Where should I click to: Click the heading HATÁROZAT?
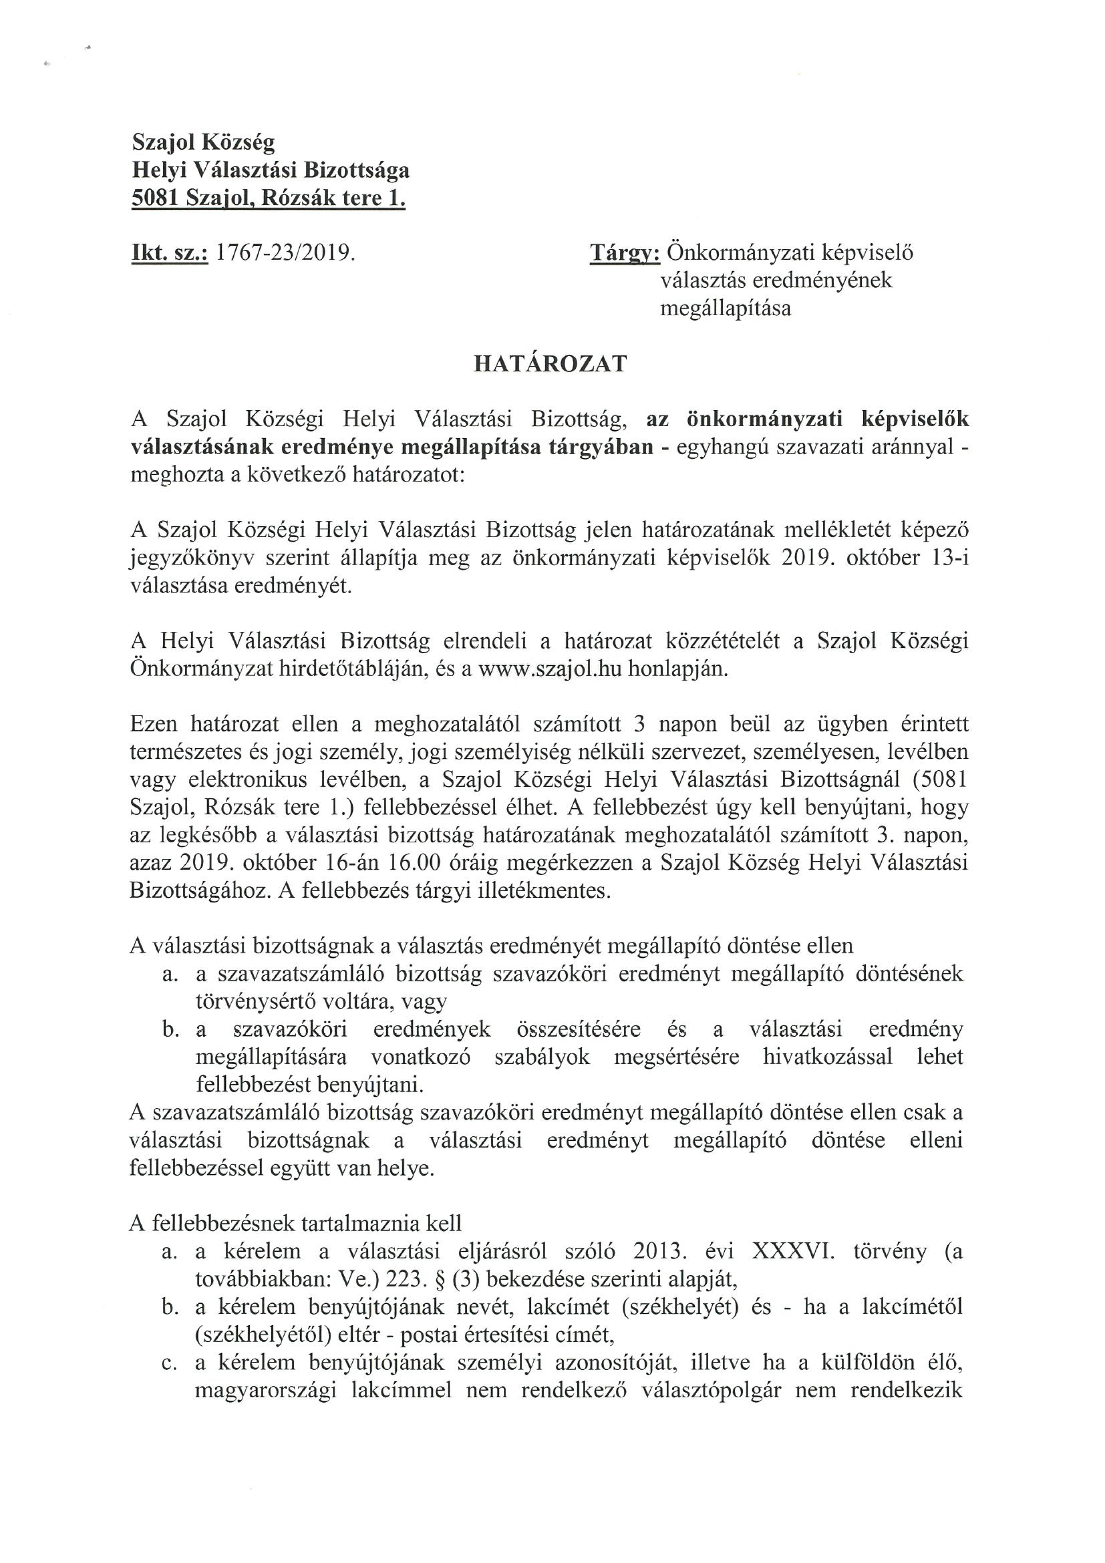point(550,365)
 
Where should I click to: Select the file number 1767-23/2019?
point(285,253)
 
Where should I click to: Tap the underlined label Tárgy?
point(624,253)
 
